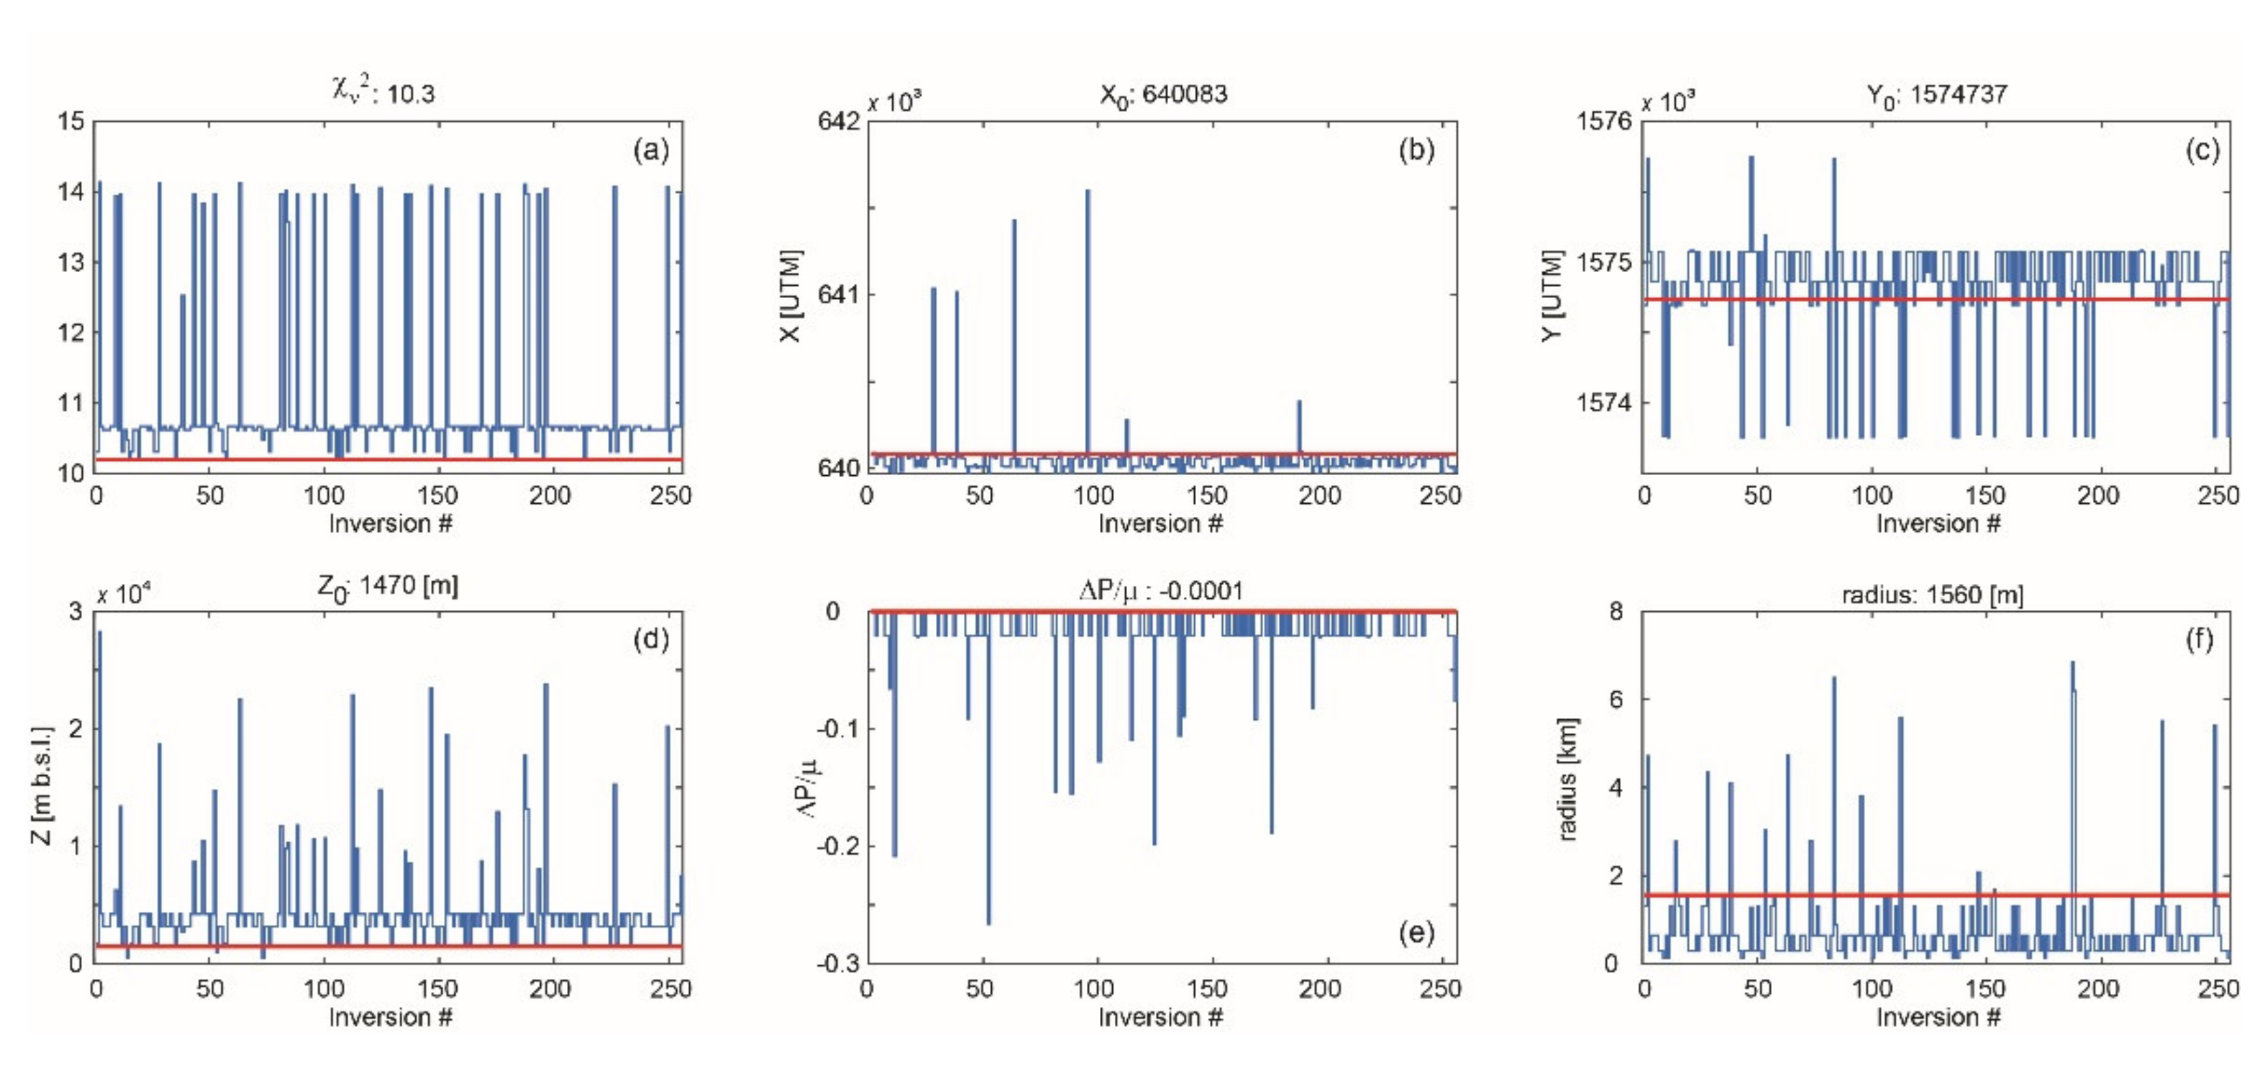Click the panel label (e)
click(1415, 932)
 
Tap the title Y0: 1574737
click(1936, 94)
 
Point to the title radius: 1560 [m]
click(1933, 595)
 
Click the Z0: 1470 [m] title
click(387, 587)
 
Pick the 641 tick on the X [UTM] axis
click(838, 294)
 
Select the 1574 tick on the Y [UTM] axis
click(1603, 403)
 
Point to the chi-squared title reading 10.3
click(383, 91)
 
